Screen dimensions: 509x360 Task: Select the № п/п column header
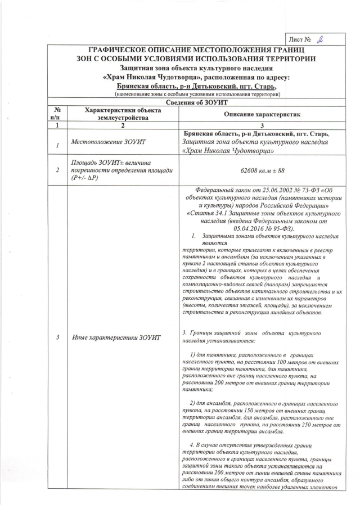click(x=57, y=114)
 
